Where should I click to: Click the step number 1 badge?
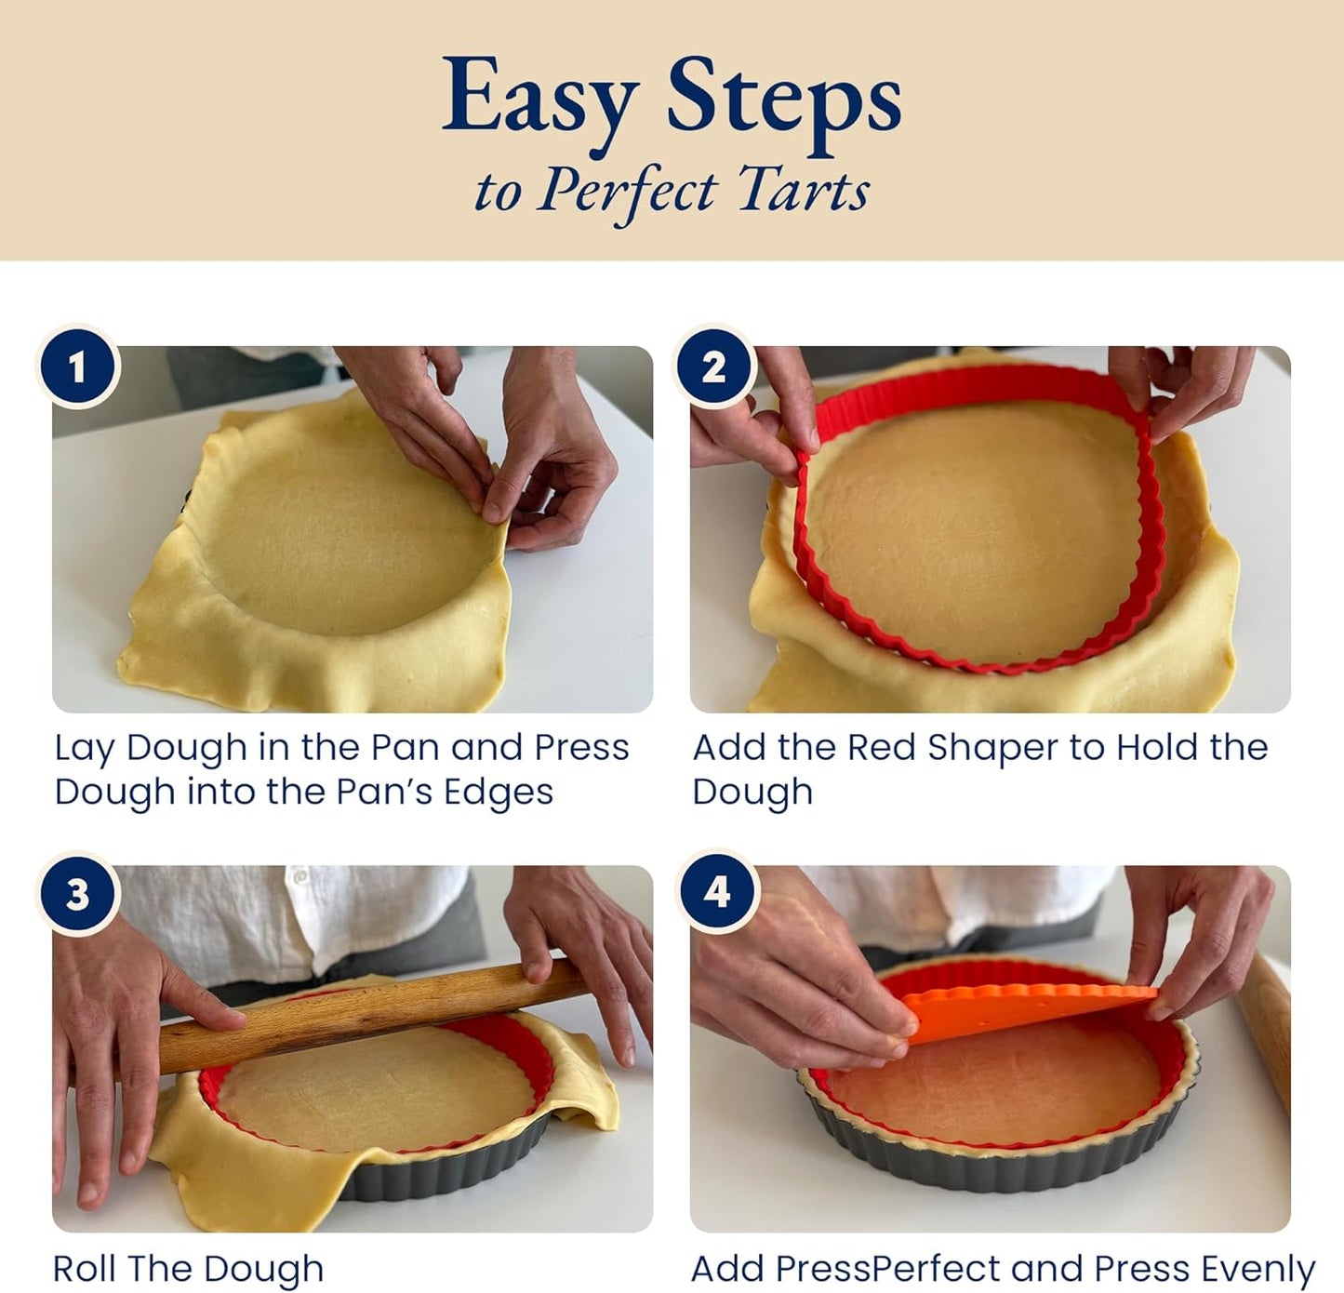77,367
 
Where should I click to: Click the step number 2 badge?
713,367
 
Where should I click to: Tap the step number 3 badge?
77,894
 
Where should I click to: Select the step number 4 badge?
715,892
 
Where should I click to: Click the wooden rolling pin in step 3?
372,1011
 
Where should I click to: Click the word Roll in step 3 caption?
85,1269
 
